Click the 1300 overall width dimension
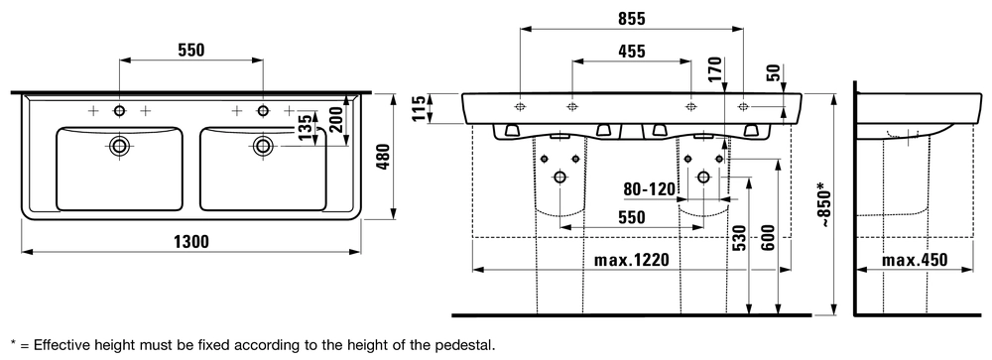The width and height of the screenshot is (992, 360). (x=190, y=242)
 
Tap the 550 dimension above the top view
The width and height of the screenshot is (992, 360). (x=190, y=51)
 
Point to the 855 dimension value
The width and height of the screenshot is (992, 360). (x=631, y=19)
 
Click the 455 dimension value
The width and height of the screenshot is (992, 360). (x=631, y=52)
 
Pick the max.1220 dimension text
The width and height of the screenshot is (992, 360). (x=631, y=260)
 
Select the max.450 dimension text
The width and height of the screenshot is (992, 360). (x=915, y=260)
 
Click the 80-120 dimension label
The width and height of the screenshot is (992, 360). (x=650, y=188)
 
